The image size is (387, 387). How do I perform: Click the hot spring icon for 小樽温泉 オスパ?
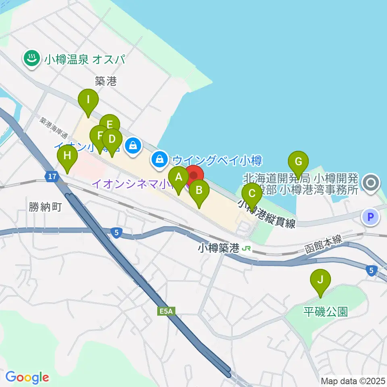pos(31,60)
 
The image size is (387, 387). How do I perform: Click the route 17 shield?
pos(51,177)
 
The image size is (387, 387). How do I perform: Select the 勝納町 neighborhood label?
pos(45,207)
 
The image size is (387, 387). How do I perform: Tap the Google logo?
pos(27,377)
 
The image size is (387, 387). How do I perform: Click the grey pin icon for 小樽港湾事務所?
pos(370,183)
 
